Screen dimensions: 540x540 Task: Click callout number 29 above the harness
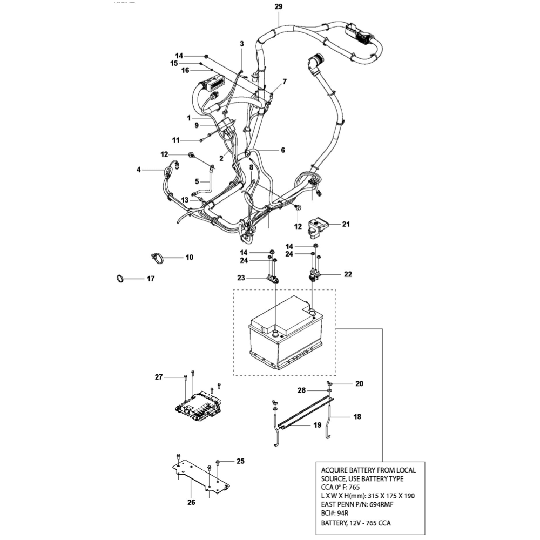coord(278,6)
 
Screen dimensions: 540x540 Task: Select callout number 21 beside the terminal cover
coord(346,224)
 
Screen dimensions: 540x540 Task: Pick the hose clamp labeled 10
coord(157,258)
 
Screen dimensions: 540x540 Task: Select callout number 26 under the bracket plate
coord(192,502)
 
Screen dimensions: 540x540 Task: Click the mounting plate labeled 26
coord(200,478)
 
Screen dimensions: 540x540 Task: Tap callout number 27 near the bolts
coord(159,377)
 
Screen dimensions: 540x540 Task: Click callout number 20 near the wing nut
coord(359,384)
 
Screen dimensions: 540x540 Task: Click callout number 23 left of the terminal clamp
coord(241,278)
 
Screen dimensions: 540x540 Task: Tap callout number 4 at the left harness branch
coord(138,170)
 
